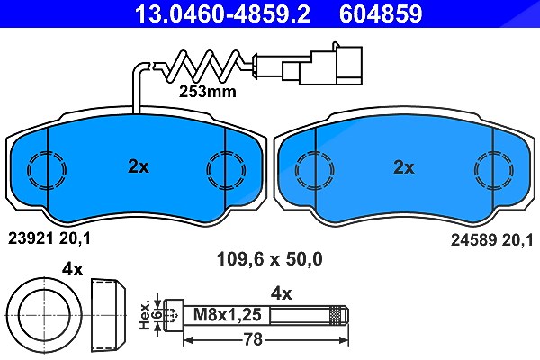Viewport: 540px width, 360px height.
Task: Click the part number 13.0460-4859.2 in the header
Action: (222, 13)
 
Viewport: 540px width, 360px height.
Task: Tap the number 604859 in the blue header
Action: (381, 13)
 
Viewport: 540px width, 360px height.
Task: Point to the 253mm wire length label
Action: (208, 92)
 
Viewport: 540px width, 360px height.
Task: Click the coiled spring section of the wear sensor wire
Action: (203, 66)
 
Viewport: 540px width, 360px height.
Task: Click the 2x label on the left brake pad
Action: (139, 166)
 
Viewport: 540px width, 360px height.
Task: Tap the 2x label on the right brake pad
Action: (404, 167)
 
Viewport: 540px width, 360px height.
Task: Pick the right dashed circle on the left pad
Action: (207, 170)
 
